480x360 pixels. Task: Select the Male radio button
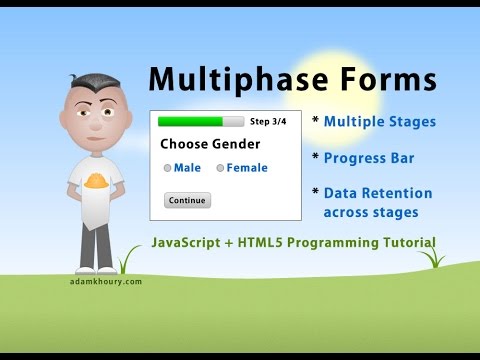click(168, 168)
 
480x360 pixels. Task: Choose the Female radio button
click(220, 168)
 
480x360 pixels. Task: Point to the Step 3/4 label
click(267, 121)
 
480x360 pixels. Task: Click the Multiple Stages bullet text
click(379, 122)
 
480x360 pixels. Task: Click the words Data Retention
click(378, 193)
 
